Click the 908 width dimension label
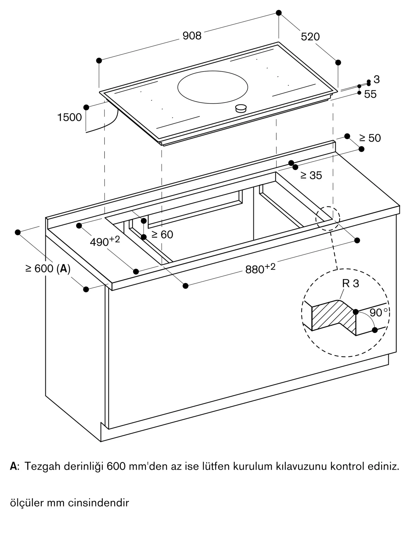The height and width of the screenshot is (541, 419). (192, 36)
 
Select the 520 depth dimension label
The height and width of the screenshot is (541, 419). (310, 37)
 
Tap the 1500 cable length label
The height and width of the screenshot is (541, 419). (70, 117)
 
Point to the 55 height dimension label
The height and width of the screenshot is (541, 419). (370, 94)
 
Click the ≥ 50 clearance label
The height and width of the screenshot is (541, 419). (370, 138)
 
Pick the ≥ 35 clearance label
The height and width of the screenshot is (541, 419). (311, 175)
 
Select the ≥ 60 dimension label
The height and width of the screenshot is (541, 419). (162, 234)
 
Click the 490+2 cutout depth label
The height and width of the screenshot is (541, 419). (105, 241)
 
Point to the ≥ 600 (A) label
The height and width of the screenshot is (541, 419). (48, 268)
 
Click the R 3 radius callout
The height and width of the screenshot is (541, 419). (351, 283)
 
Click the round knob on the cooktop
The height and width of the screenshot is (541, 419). (241, 108)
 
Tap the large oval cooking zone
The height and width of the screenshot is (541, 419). (213, 87)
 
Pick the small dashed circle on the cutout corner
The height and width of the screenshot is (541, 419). (328, 219)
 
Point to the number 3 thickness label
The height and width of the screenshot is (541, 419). (377, 79)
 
